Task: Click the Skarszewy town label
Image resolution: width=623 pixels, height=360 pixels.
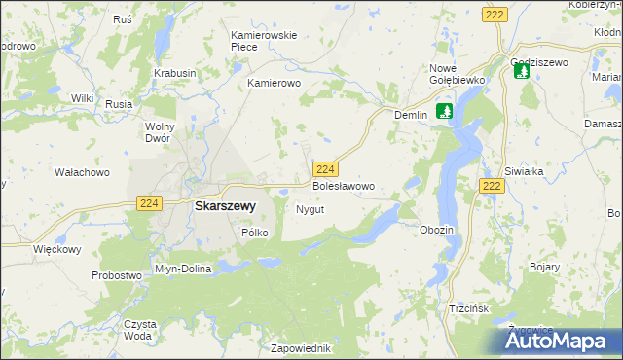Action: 225,206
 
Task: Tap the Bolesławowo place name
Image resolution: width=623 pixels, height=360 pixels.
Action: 343,185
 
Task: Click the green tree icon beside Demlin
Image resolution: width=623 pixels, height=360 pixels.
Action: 444,111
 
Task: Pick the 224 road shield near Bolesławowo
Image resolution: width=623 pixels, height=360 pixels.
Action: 326,168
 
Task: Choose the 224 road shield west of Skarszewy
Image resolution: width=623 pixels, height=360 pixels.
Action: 148,202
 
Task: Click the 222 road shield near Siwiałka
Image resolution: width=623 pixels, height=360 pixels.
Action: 491,186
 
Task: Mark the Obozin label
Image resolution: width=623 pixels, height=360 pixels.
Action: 436,230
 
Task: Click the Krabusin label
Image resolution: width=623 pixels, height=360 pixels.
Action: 175,73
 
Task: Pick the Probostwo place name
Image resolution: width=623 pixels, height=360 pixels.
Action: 118,275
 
